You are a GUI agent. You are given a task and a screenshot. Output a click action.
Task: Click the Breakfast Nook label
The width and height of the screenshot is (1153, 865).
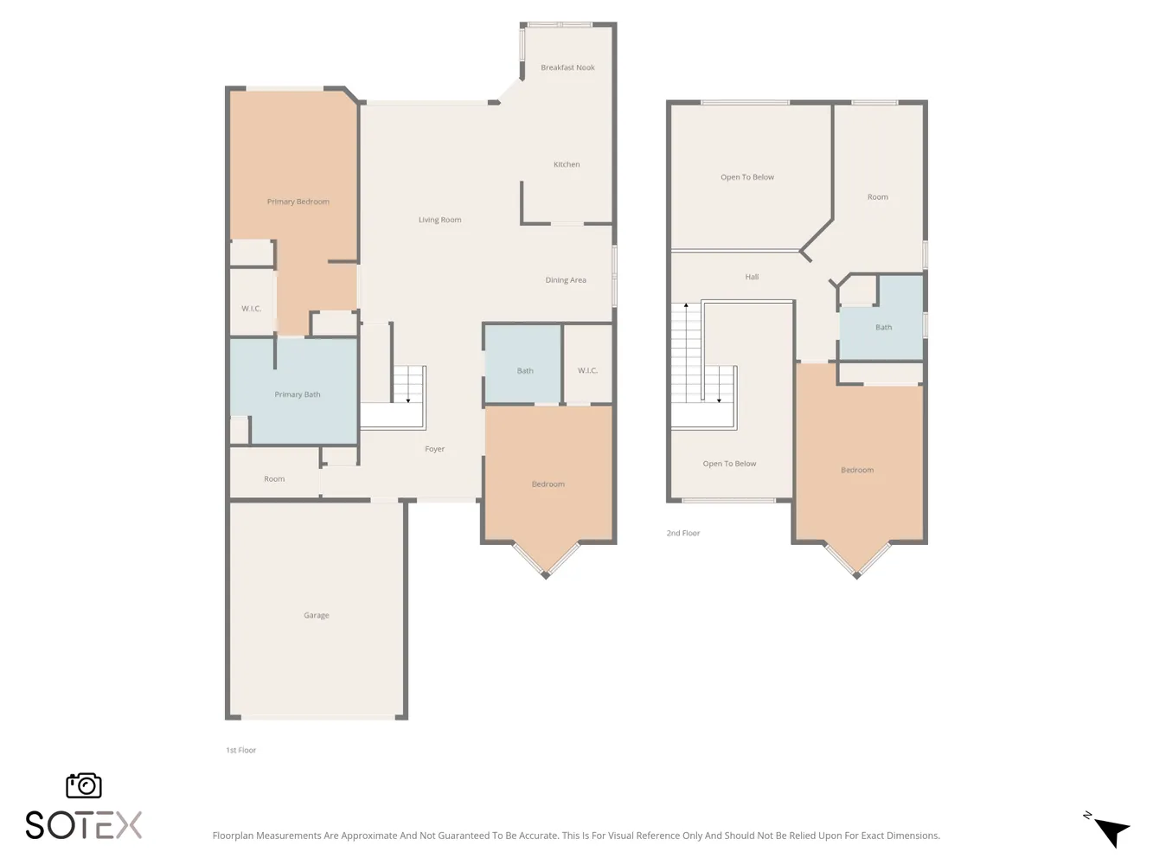point(567,67)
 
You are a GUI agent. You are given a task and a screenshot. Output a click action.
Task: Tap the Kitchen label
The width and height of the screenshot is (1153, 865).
point(567,164)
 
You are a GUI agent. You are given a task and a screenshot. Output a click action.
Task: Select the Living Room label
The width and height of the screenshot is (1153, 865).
point(439,220)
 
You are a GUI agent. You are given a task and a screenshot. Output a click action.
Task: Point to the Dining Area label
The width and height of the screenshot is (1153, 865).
point(565,280)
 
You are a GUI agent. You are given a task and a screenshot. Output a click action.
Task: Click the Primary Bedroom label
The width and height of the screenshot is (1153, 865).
point(298,202)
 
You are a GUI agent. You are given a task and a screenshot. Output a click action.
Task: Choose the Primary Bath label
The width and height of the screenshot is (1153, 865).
point(298,394)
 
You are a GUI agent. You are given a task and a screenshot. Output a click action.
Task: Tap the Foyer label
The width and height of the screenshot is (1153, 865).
point(434,449)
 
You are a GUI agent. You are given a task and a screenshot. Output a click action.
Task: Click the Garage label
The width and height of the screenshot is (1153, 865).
point(317,615)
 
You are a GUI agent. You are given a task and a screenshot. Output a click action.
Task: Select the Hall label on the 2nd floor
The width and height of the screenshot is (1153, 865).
point(752,277)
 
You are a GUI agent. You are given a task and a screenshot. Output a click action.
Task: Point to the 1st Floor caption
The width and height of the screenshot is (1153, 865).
point(241,750)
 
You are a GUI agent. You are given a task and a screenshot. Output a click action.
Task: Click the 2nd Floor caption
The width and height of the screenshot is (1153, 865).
point(683,533)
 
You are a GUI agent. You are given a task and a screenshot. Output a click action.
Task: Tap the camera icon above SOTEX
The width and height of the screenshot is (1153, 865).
point(84,785)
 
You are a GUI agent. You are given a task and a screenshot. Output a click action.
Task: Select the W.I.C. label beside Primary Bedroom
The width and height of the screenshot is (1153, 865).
point(251,308)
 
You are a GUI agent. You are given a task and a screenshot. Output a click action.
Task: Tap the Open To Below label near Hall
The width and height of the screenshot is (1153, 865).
point(747,177)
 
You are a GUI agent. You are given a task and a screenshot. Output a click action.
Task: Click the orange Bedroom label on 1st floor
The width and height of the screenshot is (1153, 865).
point(548,484)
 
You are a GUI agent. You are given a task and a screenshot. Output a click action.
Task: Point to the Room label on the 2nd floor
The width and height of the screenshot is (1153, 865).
point(877,197)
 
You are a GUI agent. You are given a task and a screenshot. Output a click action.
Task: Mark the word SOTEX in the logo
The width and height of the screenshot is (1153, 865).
point(84,825)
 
